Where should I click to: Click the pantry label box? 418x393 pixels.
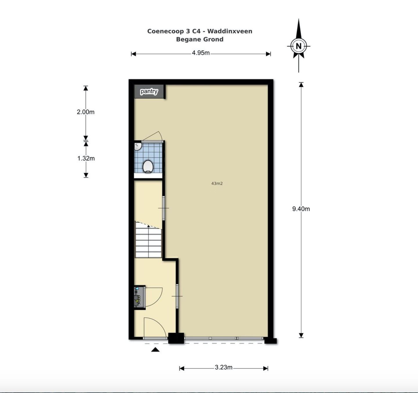coord(149,91)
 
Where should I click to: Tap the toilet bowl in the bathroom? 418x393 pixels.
coord(148,166)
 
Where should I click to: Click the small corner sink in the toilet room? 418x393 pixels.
coord(138,146)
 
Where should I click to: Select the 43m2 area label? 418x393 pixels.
coord(217,183)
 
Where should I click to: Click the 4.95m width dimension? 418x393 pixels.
coord(201,53)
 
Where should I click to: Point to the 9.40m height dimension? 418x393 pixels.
coord(301,209)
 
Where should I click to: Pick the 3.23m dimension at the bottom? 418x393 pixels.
coord(224,367)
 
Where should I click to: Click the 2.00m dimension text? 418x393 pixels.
coord(86,112)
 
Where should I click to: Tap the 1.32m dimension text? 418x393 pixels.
coord(86,158)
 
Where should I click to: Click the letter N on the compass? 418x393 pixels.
coord(298,46)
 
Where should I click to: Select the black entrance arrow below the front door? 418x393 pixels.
coord(155,349)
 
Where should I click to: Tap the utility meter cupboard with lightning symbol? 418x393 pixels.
coord(138,297)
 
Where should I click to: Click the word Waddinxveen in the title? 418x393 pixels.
coord(230,31)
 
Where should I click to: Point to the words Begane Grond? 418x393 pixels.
coord(200,39)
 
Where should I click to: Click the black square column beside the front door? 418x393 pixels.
coord(176,338)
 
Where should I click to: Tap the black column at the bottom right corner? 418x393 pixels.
coord(270,341)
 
